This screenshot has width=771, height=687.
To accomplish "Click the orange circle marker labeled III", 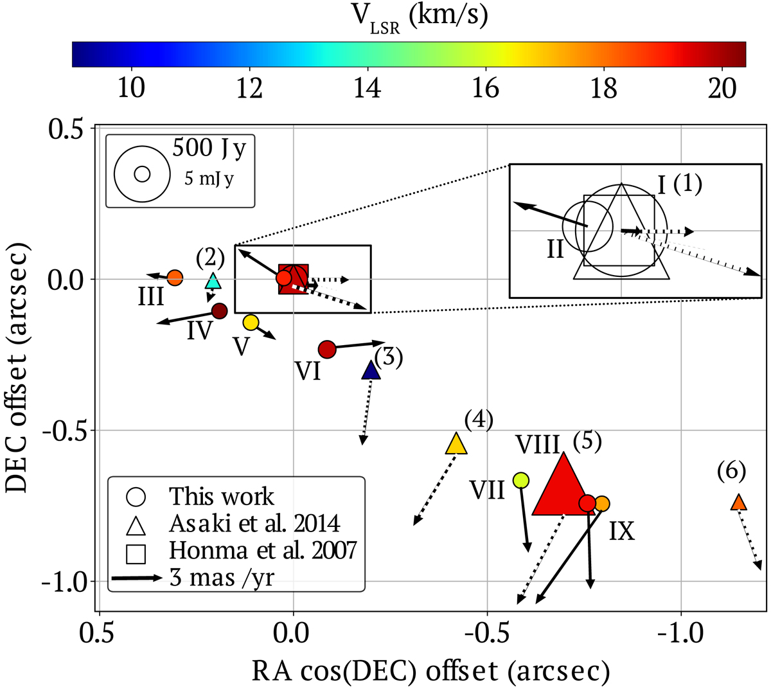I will click(x=175, y=278).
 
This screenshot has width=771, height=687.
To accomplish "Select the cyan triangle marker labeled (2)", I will click(x=213, y=281).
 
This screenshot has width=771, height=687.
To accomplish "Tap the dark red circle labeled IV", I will click(x=219, y=311).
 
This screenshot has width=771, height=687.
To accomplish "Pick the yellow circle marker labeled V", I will click(x=251, y=322).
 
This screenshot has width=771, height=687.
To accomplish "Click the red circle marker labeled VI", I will click(x=328, y=349).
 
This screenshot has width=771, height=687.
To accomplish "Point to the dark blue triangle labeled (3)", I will click(x=371, y=371).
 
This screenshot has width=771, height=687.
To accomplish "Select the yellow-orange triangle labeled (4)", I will click(x=456, y=444).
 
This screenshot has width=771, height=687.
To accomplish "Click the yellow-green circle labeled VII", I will click(x=521, y=480).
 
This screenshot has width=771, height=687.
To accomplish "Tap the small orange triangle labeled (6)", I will click(x=739, y=503).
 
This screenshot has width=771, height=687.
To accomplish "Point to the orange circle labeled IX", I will click(x=601, y=503).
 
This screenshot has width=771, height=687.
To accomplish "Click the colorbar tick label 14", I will click(x=367, y=87).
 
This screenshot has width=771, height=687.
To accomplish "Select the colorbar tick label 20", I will click(x=722, y=87).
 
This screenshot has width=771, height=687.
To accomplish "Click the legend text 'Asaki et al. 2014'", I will click(x=254, y=524).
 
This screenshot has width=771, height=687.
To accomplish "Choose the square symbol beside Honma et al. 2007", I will click(x=137, y=552).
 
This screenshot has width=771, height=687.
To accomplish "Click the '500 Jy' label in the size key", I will click(x=209, y=148).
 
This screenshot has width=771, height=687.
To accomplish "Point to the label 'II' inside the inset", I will click(x=555, y=249).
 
